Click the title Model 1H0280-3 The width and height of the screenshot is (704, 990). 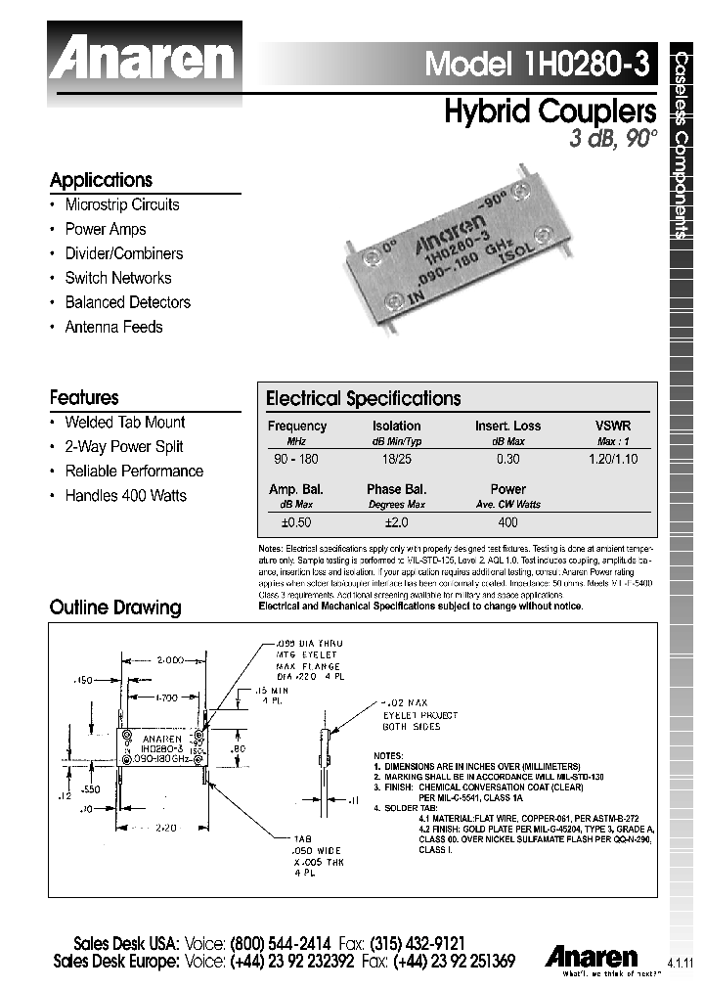point(537,64)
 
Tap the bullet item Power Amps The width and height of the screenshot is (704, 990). point(106,229)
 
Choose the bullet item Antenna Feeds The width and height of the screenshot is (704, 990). point(113,327)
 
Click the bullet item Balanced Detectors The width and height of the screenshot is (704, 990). point(127,302)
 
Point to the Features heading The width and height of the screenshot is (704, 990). point(84,397)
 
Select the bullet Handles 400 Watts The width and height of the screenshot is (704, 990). point(125,495)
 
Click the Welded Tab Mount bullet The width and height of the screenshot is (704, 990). point(124,422)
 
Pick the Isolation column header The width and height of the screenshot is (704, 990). point(396,426)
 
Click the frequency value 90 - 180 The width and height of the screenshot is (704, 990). point(296,458)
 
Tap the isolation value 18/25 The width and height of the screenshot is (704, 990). point(396,458)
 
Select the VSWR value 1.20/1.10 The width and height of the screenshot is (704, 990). point(613,458)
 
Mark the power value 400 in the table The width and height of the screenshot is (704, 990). point(507,523)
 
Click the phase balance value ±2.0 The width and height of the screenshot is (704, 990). point(396,523)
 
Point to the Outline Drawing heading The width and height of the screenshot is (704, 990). point(115,607)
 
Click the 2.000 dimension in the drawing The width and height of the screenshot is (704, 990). point(158,660)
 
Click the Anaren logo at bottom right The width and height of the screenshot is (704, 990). point(592,956)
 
